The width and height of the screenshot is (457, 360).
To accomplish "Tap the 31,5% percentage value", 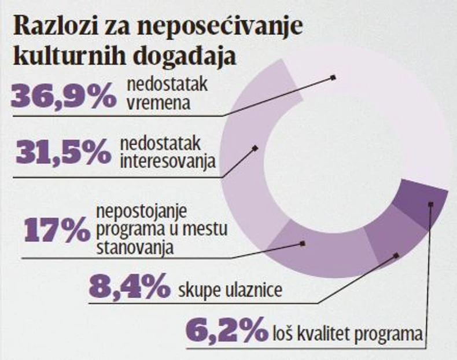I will (64, 153).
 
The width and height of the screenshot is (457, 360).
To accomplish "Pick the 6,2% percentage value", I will (227, 332).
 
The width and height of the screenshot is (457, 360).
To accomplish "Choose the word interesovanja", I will (168, 160).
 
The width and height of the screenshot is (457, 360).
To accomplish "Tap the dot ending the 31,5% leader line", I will (255, 148).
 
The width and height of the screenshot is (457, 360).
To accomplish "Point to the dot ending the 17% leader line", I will (303, 244).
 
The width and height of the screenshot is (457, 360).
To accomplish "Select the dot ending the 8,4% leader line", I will (396, 254).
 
